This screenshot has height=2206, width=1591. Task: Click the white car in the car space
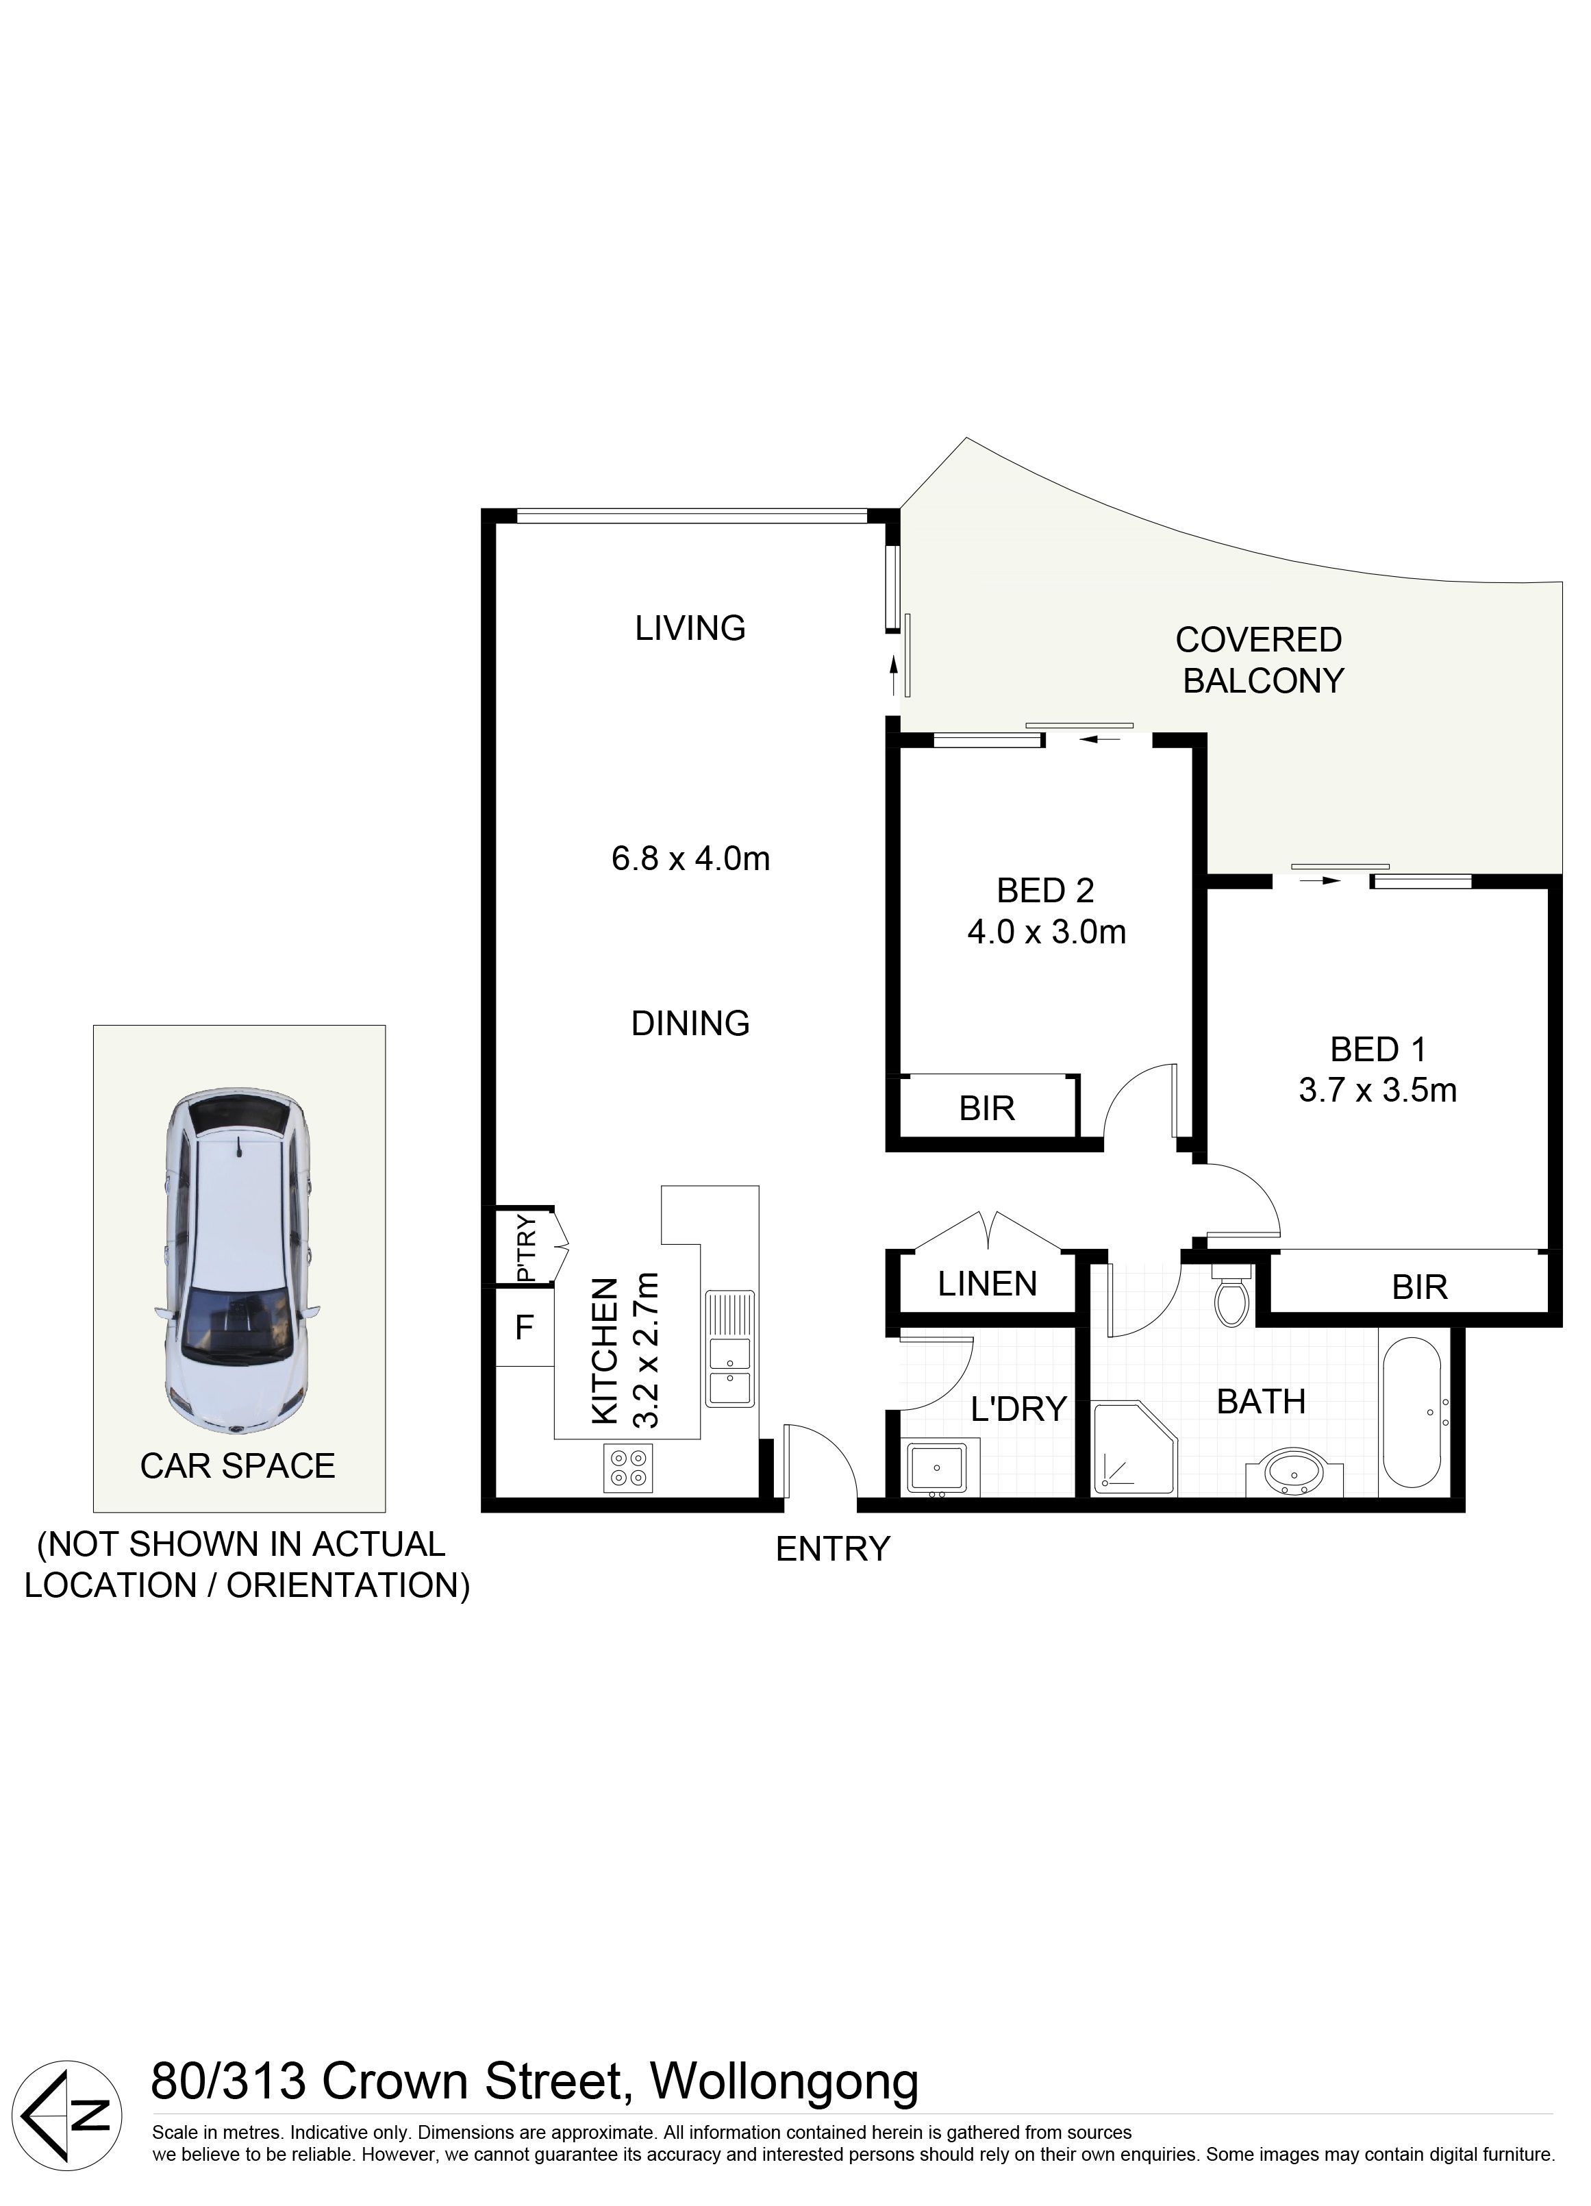237,1261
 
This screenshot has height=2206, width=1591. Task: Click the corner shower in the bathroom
1135,1448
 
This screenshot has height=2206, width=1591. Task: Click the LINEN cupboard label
987,1284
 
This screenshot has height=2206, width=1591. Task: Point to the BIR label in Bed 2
987,1108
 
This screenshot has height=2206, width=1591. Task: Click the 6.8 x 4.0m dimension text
690,858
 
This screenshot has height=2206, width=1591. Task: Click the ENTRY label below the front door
832,1548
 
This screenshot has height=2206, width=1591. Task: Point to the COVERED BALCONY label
1262,660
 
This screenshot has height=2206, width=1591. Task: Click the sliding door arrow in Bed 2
1100,739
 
